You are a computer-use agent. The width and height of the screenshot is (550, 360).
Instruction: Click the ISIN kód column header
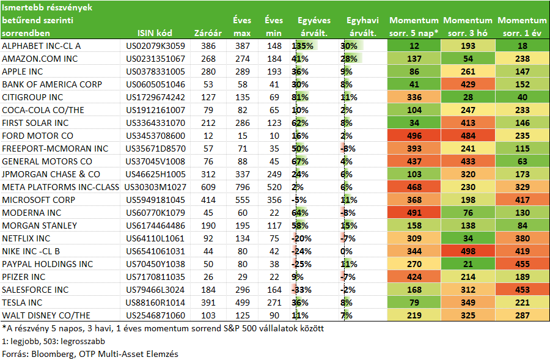tap(155, 33)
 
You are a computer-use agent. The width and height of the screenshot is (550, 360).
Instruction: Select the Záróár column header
tap(208, 33)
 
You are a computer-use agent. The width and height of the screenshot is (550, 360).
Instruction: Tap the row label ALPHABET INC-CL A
tap(42, 46)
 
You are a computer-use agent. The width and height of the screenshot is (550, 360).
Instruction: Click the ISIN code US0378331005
tap(155, 72)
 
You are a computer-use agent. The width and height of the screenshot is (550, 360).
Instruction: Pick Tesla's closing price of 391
tap(208, 303)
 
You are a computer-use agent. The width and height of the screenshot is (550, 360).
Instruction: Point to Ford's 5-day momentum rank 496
tap(414, 136)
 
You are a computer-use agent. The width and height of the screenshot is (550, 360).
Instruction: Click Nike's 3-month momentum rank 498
tap(468, 251)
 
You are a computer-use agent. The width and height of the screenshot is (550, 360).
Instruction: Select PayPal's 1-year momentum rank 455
tap(522, 264)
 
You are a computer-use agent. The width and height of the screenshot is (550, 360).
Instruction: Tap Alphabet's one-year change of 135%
tap(302, 46)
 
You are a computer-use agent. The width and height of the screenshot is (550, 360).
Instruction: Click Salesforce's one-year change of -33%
tap(302, 290)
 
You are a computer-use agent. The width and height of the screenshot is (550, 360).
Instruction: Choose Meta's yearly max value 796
tap(243, 187)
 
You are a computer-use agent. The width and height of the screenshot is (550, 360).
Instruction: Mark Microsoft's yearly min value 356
tap(274, 200)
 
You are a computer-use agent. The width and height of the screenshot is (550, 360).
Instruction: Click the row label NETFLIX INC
tap(26, 238)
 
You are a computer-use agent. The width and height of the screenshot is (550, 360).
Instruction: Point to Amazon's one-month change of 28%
tap(349, 59)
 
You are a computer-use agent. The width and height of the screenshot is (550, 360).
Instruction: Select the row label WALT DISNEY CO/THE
tap(46, 315)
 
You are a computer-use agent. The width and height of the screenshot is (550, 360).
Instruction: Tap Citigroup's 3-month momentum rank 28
tap(468, 97)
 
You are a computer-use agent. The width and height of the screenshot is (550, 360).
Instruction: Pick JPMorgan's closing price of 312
tap(208, 174)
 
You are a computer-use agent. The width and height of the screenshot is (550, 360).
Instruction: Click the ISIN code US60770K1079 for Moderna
tap(155, 213)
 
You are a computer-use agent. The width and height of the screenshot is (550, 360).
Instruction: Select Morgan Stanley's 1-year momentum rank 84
tap(522, 226)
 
